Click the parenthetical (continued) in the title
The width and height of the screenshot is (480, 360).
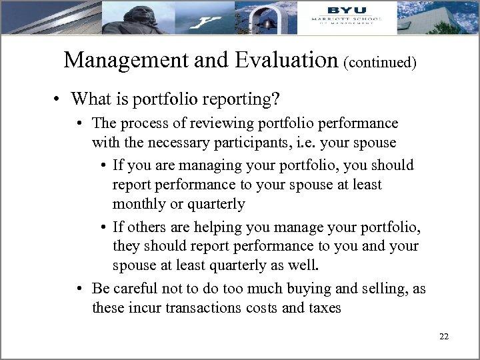pos(381,63)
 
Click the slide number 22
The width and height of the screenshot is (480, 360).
pos(444,336)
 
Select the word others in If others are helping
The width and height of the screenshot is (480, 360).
pos(144,229)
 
